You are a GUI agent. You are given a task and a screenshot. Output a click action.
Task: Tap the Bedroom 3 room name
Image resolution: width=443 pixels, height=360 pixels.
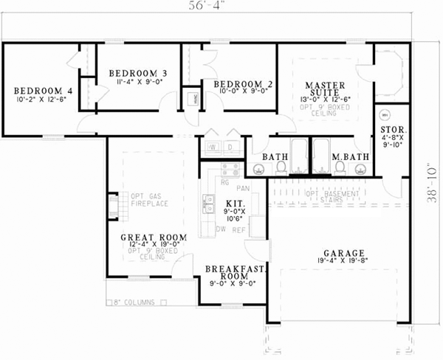[x=138, y=73]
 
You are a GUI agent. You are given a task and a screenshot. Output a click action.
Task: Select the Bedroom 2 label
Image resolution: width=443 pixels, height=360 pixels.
[x=243, y=84]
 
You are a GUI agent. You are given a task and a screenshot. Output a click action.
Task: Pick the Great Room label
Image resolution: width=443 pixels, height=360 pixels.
[x=153, y=238]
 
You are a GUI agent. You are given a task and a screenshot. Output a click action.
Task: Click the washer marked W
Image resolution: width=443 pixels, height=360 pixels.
[x=213, y=147]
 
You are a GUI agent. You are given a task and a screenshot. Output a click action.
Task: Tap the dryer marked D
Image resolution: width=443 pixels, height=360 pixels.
[x=230, y=147]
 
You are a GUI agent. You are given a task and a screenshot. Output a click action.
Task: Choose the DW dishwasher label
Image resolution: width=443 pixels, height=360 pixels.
[x=220, y=229]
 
